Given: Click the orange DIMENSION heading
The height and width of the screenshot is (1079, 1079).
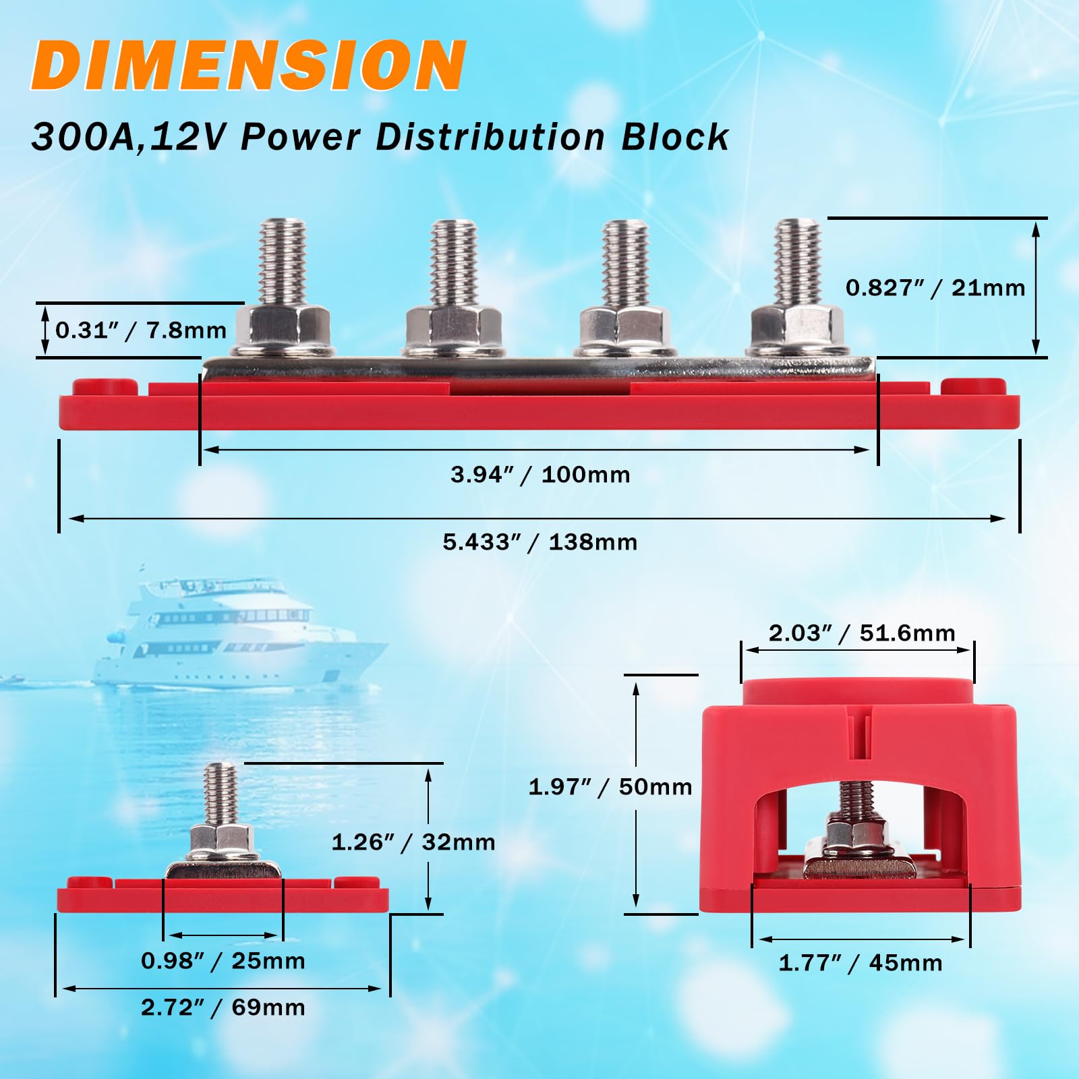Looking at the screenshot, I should click(248, 65).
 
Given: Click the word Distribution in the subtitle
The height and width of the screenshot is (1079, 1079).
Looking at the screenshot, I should click(490, 138).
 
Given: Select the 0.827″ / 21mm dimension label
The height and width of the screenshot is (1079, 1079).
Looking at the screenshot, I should click(935, 288).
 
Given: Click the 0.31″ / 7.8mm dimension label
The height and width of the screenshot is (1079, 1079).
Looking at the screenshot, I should click(141, 330).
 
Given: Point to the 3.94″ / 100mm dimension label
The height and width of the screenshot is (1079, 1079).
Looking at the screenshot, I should click(540, 475).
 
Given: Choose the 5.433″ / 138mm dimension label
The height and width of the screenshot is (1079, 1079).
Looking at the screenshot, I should click(539, 542).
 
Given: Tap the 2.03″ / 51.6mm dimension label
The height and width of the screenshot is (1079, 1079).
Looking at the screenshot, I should click(862, 633).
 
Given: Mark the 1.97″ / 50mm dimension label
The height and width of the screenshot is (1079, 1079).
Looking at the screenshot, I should click(610, 787).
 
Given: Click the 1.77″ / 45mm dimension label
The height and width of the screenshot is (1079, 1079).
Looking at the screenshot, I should click(861, 963).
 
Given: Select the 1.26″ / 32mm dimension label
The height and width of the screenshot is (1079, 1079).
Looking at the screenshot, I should click(413, 842).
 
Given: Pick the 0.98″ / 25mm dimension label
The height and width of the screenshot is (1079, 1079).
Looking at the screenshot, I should click(223, 961).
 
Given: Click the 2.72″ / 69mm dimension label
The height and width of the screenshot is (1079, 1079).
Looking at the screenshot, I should click(223, 1008).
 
